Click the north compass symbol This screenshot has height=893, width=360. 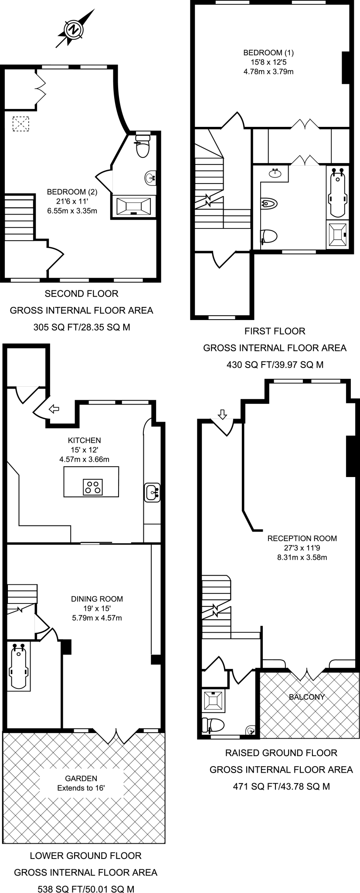click(x=74, y=30)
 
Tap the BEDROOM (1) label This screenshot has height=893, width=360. click(x=268, y=53)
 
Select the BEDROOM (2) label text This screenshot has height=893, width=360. click(x=72, y=191)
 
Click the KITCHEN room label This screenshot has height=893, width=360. click(x=84, y=440)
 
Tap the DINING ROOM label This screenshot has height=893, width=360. click(x=97, y=599)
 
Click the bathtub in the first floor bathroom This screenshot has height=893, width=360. click(x=338, y=192)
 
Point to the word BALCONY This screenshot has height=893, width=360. click(x=307, y=697)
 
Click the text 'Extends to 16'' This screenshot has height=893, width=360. click(x=81, y=788)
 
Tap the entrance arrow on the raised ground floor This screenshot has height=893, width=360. click(x=222, y=414)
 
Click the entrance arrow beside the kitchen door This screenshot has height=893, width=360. click(x=54, y=409)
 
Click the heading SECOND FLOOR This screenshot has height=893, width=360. click(x=82, y=294)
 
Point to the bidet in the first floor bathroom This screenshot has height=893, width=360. click(x=269, y=203)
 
